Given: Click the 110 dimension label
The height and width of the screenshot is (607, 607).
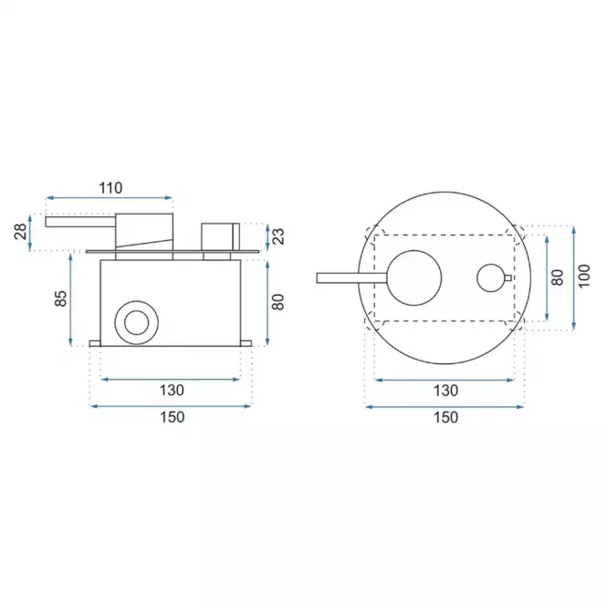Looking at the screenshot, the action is (110, 188).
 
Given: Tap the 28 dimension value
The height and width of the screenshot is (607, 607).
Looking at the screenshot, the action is (21, 232).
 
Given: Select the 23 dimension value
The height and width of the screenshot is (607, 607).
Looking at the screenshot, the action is (278, 236).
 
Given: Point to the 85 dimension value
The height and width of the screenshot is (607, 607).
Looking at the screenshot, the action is (61, 298).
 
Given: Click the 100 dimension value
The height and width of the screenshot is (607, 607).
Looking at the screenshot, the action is (584, 276).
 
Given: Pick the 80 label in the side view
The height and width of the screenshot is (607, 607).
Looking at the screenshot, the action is (278, 302).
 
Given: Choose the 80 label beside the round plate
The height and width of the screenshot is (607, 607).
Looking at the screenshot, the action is (557, 277).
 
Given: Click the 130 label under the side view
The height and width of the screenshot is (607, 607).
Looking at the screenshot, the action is (172, 391).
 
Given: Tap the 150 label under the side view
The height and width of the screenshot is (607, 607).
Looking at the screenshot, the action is (172, 417).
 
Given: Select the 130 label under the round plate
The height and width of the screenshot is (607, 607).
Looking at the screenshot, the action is (446, 391).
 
